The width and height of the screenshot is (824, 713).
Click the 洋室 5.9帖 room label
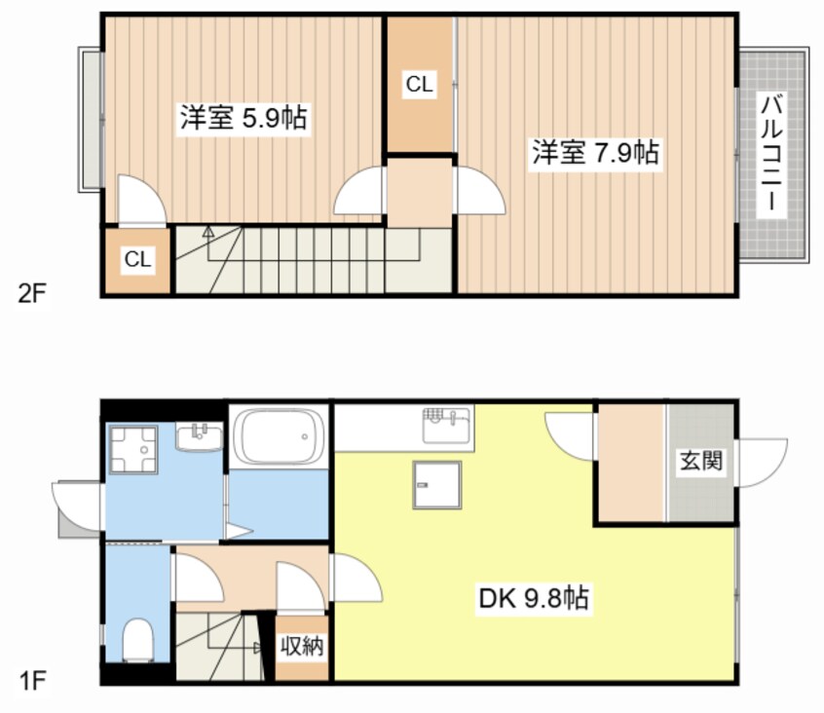click(x=243, y=117)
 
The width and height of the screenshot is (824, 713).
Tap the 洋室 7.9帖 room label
click(x=595, y=152)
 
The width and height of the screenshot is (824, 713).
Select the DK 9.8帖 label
click(x=534, y=598)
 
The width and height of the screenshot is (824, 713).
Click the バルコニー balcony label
click(x=771, y=153)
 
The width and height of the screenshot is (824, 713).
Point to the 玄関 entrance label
click(x=701, y=461)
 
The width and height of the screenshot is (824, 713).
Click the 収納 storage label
click(x=302, y=646)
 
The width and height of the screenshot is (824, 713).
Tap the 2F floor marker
click(x=32, y=294)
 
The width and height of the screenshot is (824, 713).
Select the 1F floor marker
click(x=32, y=682)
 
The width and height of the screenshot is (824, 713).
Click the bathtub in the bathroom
click(x=279, y=436)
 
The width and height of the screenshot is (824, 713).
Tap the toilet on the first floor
click(x=137, y=639)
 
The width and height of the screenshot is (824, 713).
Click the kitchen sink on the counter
click(x=448, y=425)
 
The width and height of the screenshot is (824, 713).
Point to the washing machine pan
click(x=133, y=449)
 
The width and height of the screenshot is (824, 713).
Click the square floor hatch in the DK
click(x=436, y=485)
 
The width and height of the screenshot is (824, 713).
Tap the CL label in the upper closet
click(x=420, y=84)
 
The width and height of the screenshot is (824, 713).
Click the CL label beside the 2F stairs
click(x=137, y=258)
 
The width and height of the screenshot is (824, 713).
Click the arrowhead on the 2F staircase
click(x=208, y=230)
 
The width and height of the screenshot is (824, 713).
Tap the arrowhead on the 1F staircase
click(x=258, y=648)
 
